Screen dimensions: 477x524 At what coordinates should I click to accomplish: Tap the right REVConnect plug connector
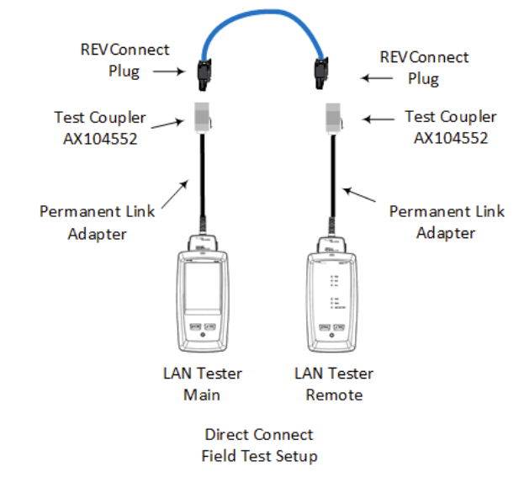point(322,73)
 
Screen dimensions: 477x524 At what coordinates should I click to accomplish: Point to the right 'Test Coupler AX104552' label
point(450,127)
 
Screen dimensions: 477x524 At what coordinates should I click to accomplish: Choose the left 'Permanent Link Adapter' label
point(97,220)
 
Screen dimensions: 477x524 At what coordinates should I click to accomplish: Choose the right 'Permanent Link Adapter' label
point(446,221)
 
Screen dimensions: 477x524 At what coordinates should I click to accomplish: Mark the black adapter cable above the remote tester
point(332,185)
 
